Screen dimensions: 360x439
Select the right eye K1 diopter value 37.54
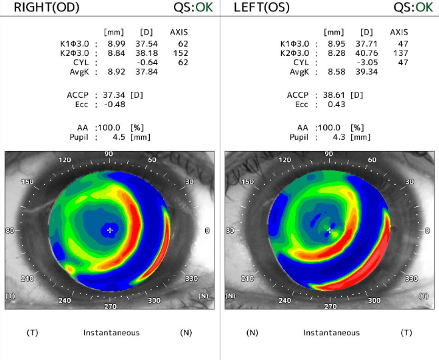(x=147, y=44)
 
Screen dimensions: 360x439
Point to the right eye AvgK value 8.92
(x=115, y=72)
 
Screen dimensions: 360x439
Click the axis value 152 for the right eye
(x=181, y=53)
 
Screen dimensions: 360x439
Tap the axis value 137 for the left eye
(x=400, y=53)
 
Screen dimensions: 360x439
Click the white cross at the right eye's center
(x=110, y=230)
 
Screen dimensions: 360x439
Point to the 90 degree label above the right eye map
(x=109, y=154)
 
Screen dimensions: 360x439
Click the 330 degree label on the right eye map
(x=192, y=279)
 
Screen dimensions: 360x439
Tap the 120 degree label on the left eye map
(x=285, y=160)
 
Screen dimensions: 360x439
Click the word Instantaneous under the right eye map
(x=111, y=332)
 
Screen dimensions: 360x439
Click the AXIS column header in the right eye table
(x=180, y=32)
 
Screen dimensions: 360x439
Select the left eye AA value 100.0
(x=330, y=128)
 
